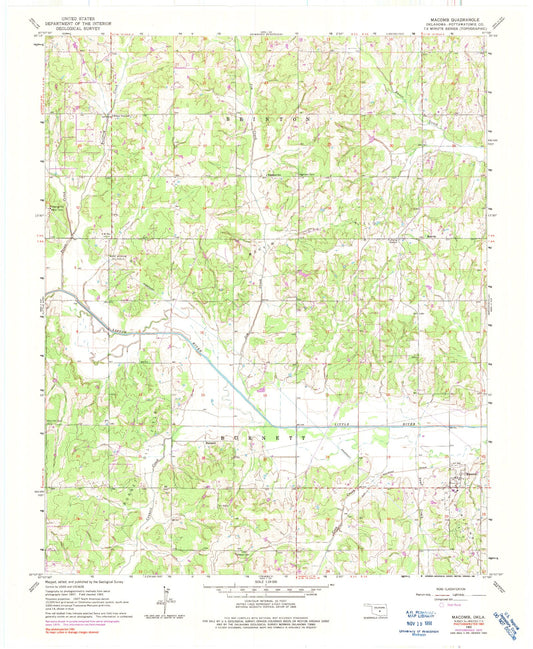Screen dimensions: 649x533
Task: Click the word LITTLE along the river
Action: tap(343, 425)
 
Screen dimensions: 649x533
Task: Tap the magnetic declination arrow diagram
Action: tap(160, 598)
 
